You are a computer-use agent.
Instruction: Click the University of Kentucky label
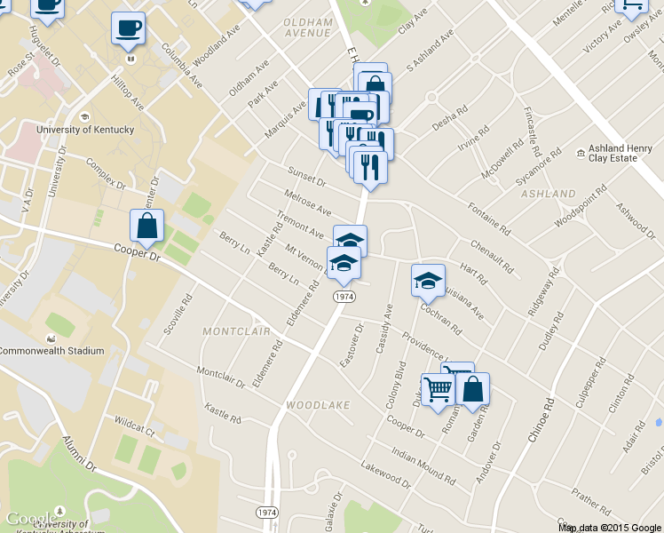click(84, 130)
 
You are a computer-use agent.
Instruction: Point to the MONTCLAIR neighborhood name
click(236, 330)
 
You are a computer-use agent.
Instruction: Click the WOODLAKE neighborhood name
click(318, 405)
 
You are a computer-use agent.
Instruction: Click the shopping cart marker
click(437, 389)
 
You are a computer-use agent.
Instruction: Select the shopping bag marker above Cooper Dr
click(147, 227)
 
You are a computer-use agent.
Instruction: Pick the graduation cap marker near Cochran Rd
click(428, 281)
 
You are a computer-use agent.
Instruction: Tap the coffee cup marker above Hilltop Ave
click(128, 28)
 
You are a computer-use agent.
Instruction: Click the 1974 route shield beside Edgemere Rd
click(344, 296)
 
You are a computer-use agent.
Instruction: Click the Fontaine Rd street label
click(489, 218)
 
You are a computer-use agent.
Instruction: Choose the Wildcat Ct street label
click(133, 426)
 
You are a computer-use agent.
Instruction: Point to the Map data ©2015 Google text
click(610, 527)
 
